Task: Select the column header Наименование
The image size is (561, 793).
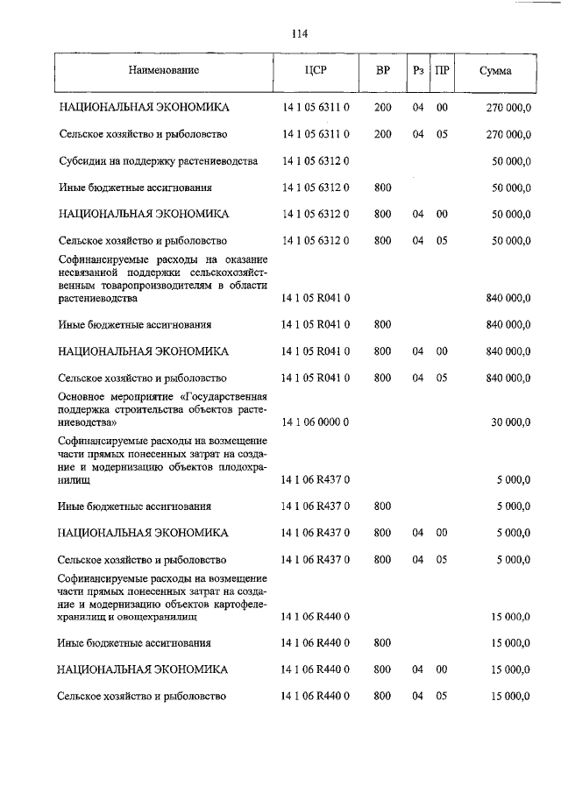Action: (x=164, y=69)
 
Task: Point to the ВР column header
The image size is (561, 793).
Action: (x=383, y=69)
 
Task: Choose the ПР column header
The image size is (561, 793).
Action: (x=442, y=69)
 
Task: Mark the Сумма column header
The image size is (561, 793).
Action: (x=495, y=69)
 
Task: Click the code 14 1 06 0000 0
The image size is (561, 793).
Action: (x=316, y=421)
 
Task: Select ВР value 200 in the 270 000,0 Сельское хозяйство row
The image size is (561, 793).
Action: (x=382, y=134)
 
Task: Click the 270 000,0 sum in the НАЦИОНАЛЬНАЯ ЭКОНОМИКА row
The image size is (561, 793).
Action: (x=508, y=107)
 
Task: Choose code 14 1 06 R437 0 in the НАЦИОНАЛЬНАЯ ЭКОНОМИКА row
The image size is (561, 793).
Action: (x=316, y=532)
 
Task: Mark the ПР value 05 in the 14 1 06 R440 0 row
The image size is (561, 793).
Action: (x=442, y=696)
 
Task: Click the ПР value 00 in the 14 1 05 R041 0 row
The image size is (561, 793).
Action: (x=442, y=350)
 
